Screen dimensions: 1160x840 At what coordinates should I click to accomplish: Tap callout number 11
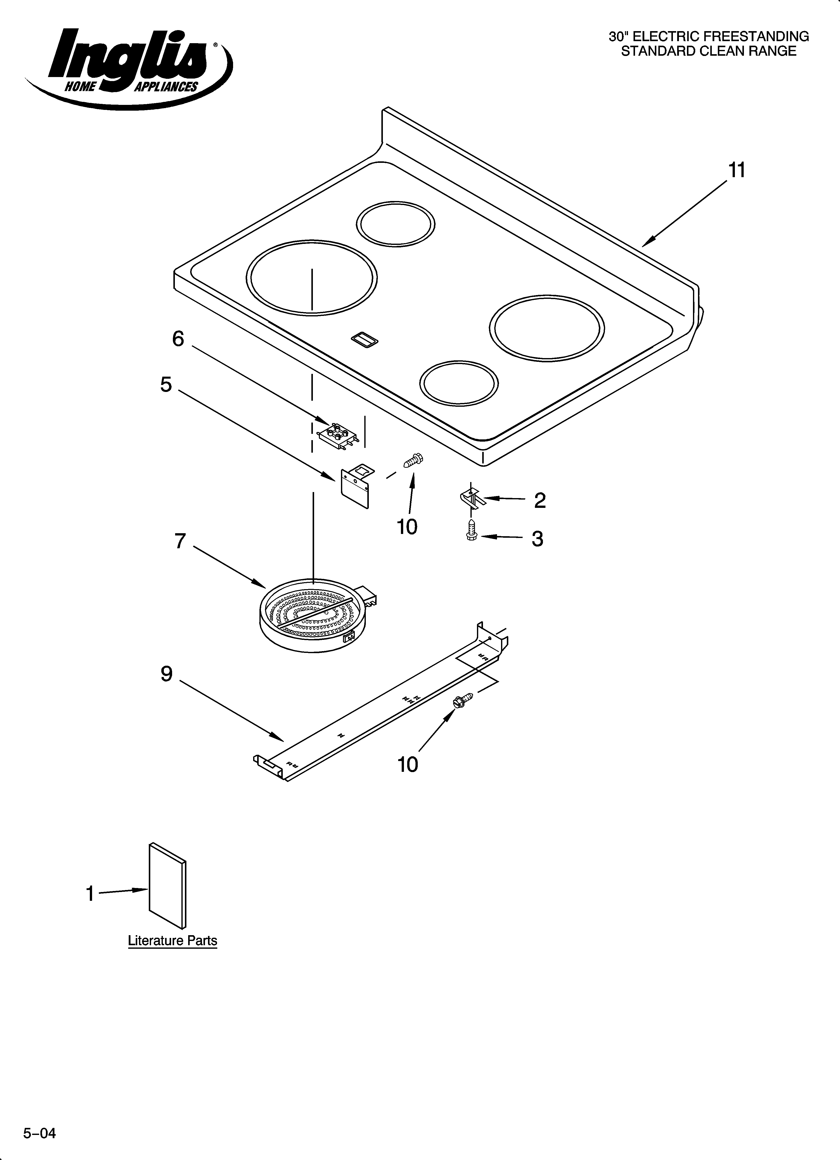point(737,170)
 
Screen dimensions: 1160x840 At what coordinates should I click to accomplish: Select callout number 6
point(178,339)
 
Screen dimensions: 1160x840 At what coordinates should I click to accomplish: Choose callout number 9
point(167,674)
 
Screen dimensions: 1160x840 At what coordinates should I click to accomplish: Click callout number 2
point(540,500)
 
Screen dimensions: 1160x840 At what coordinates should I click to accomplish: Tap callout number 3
point(537,538)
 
